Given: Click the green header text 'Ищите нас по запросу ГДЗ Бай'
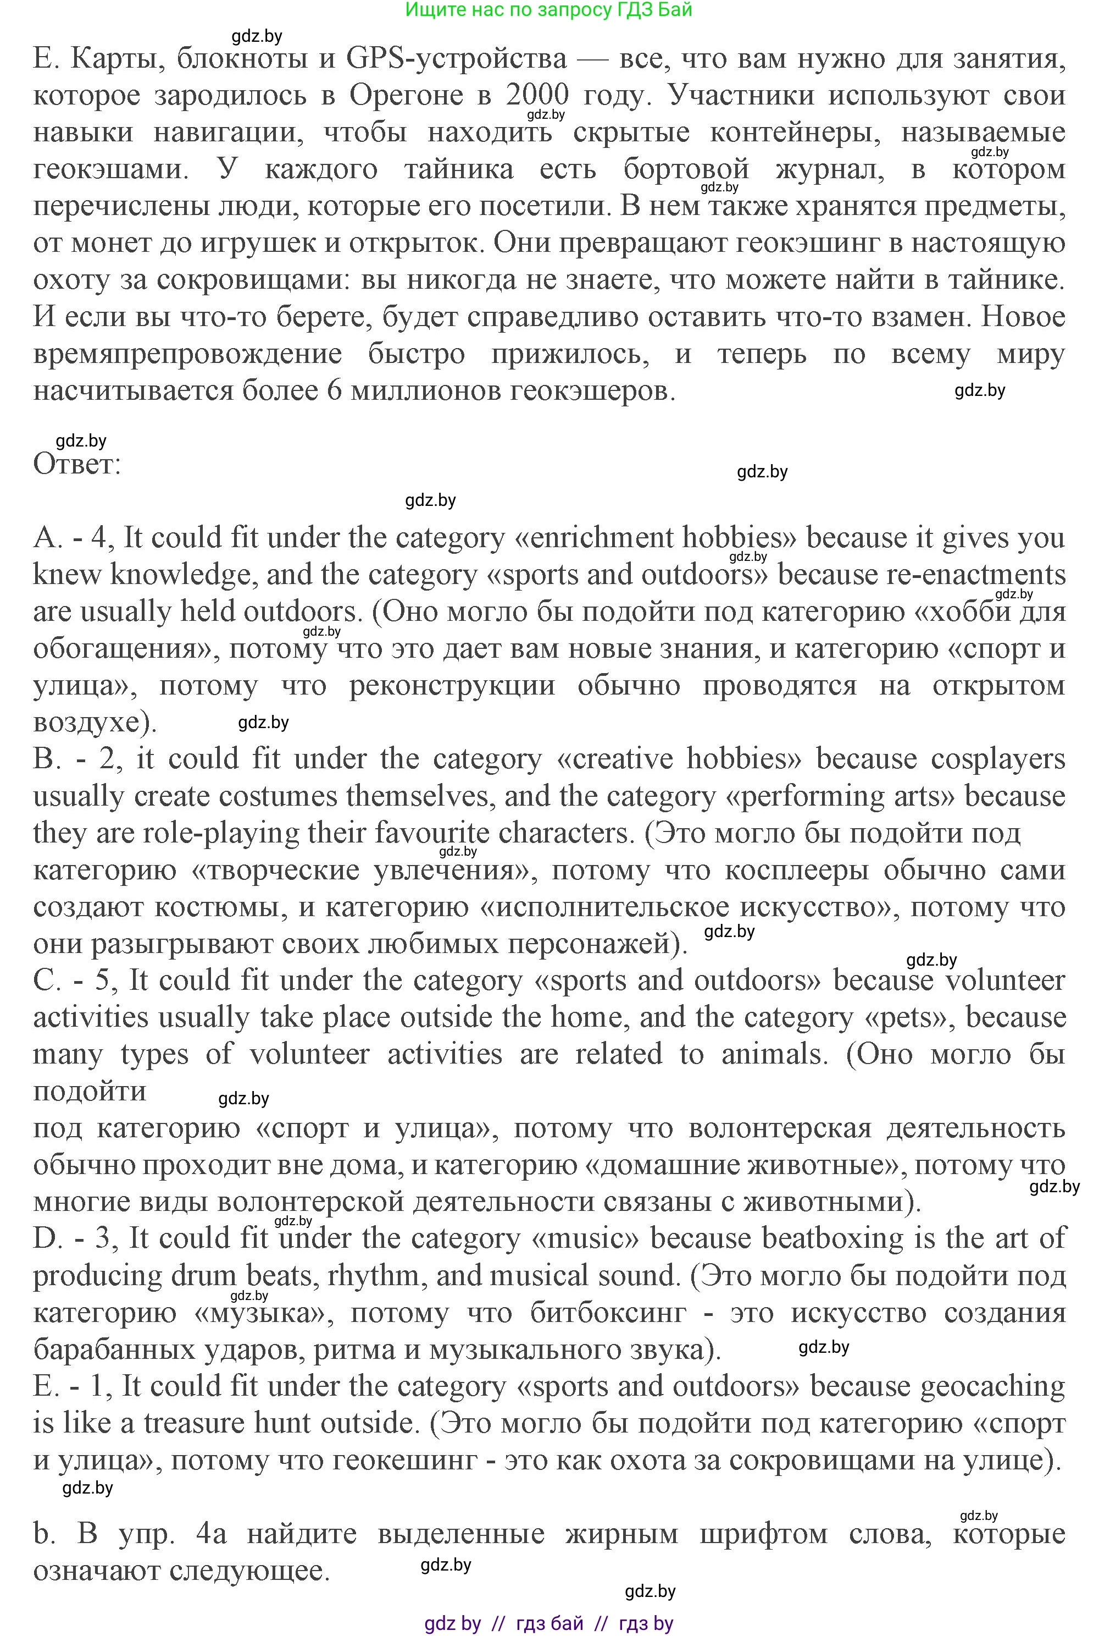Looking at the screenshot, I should tap(549, 10).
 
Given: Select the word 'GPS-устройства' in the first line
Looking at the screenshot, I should tap(456, 58).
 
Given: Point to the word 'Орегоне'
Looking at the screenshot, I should tap(406, 95).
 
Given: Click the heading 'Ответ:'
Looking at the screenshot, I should tap(77, 464).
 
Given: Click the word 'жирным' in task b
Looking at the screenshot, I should tap(621, 1534).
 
